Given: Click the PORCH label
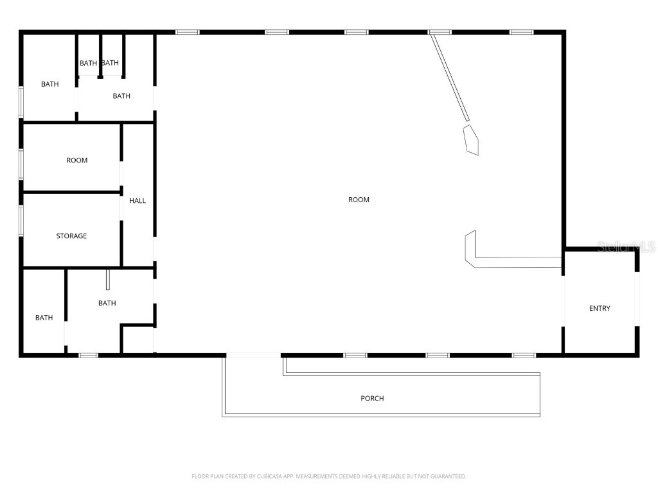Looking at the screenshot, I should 372,399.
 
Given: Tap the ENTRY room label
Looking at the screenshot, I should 600,309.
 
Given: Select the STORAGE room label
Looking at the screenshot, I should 71,236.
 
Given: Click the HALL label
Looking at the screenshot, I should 138,201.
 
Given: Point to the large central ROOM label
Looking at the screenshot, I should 359,200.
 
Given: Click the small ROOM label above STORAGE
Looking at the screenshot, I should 76,160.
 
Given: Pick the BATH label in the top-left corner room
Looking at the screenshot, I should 49,84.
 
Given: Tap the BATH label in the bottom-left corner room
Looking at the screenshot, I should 44,318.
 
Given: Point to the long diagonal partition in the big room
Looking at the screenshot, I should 450,77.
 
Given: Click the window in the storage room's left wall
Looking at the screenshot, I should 21,220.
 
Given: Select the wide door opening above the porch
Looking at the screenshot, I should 253,354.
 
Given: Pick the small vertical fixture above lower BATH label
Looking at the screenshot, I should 108,280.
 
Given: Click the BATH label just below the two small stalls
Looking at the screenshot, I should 121,96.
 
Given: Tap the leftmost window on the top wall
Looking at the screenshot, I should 187,32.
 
